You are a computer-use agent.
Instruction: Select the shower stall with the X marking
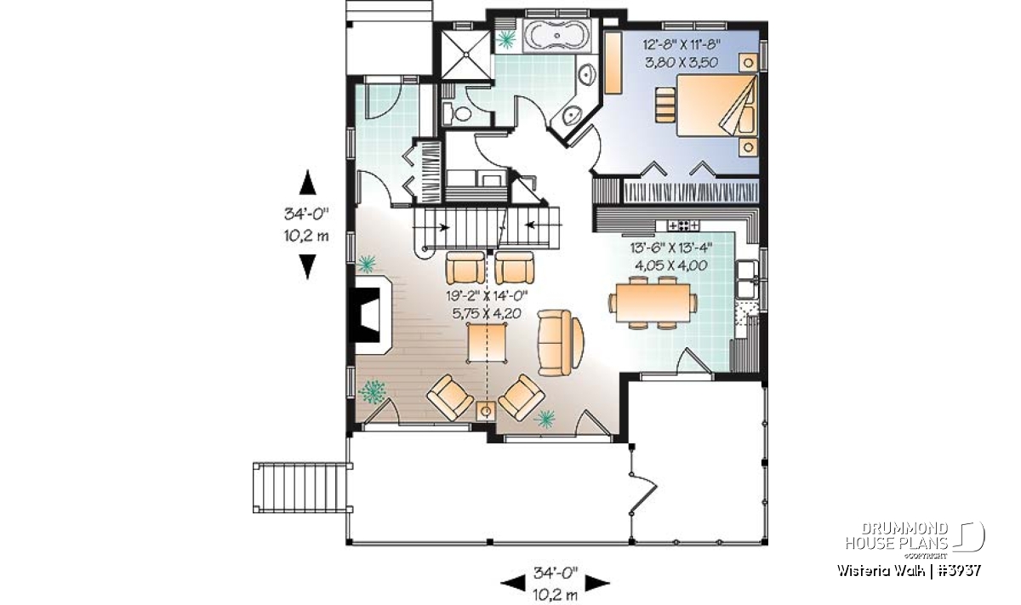(x=465, y=54)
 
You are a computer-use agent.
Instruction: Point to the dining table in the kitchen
(x=653, y=302)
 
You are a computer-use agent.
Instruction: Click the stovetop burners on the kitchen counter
(x=682, y=225)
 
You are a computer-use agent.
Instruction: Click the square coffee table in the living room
(x=487, y=342)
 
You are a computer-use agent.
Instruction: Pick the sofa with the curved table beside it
(x=554, y=342)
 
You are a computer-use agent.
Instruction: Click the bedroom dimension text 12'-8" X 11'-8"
(x=681, y=45)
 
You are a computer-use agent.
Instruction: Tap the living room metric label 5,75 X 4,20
(x=487, y=314)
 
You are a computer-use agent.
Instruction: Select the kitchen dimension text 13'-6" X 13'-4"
(x=671, y=248)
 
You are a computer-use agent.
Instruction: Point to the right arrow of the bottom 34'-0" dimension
(x=597, y=583)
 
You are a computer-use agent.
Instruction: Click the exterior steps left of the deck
(x=302, y=488)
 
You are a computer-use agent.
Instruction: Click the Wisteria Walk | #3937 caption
(x=909, y=571)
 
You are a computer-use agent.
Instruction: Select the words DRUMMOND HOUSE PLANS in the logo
(x=897, y=536)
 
